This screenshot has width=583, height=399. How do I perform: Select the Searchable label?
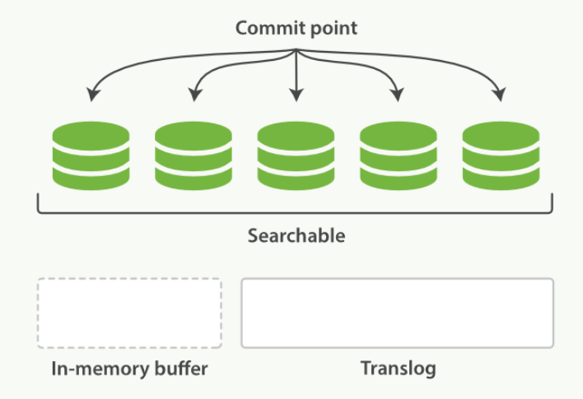(296, 236)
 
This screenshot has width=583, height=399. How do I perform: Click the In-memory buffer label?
(129, 368)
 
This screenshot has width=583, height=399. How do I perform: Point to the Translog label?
(398, 368)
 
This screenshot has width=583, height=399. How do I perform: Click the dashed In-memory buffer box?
(129, 313)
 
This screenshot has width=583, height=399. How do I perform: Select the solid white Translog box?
(397, 313)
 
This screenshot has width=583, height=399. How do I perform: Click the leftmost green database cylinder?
(91, 155)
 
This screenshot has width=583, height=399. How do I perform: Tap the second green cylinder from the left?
(194, 155)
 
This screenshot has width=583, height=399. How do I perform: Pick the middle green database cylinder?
(296, 155)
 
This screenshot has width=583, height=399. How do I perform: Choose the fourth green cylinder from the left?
(399, 155)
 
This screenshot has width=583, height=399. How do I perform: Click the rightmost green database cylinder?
(501, 155)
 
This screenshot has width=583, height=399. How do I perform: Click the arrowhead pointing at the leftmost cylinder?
(91, 96)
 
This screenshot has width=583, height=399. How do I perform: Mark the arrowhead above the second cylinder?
(194, 96)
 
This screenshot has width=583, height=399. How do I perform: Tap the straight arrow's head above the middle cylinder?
(296, 96)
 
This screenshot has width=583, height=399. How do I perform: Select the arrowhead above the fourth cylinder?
(398, 96)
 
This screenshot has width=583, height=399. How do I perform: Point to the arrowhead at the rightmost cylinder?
(500, 96)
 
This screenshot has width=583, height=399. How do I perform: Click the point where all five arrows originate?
(296, 51)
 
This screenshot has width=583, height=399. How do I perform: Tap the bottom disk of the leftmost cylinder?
(91, 176)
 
